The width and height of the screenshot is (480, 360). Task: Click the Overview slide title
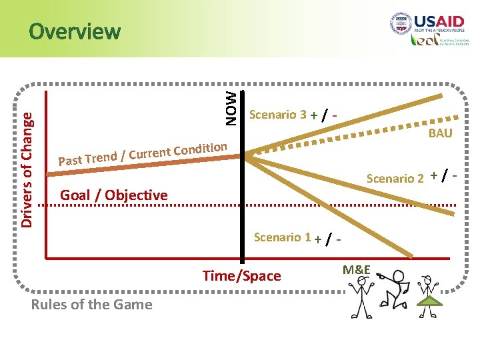[75, 31]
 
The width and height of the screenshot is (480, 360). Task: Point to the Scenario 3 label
[277, 115]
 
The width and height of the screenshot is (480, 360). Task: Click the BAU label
[440, 133]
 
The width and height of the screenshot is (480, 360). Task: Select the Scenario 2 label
[395, 178]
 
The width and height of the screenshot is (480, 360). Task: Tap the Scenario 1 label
[283, 237]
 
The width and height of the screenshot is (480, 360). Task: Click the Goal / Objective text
[114, 195]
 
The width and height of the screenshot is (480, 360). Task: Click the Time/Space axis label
[242, 276]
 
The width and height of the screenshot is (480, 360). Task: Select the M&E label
[357, 269]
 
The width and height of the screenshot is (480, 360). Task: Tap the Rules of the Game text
[91, 305]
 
